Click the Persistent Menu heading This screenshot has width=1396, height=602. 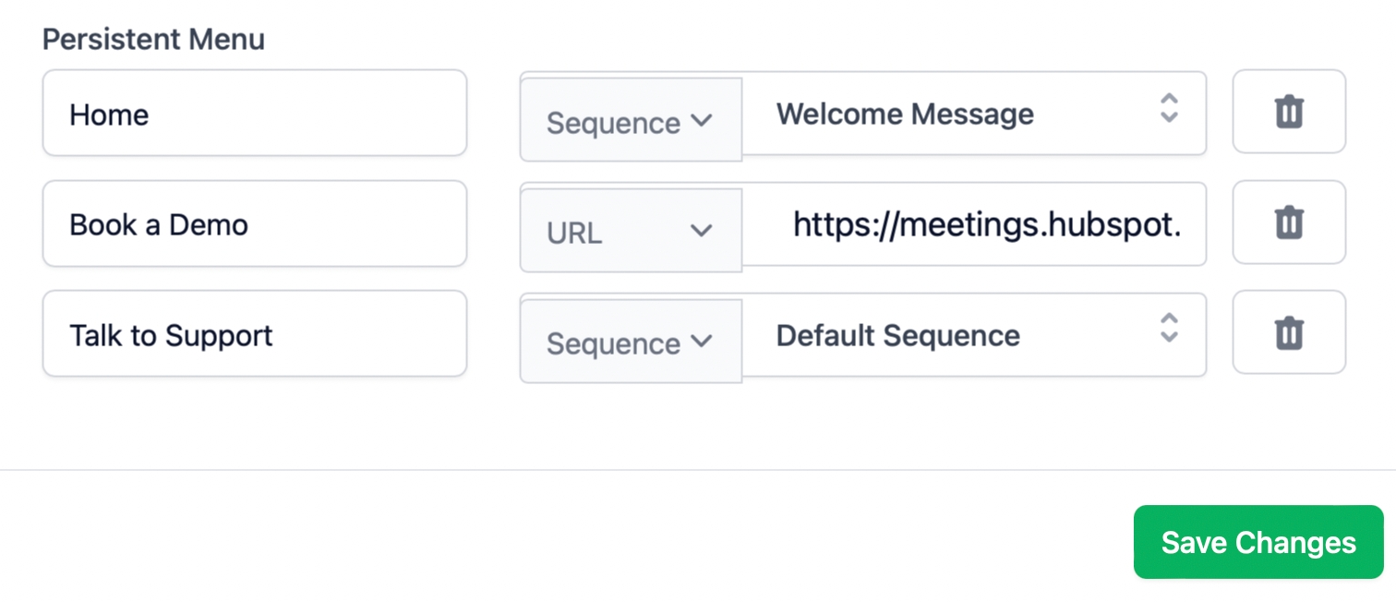[x=153, y=40]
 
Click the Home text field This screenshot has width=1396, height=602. [x=254, y=113]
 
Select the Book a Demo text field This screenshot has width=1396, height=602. [x=254, y=223]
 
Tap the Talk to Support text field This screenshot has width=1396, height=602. [x=254, y=333]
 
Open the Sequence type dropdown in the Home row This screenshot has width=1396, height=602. [x=631, y=120]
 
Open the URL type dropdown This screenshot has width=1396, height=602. [x=631, y=231]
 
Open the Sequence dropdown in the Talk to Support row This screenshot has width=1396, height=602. [x=631, y=341]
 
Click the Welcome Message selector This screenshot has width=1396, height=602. [x=974, y=114]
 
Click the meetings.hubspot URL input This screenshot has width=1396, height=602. [x=974, y=224]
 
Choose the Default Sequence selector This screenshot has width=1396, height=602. [x=974, y=334]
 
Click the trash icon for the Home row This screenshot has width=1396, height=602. [x=1289, y=112]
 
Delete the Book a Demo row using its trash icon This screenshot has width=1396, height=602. [x=1289, y=223]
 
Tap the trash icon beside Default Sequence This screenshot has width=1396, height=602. [x=1289, y=332]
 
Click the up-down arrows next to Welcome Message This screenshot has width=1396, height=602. [x=1169, y=108]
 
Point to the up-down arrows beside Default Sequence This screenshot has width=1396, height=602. [x=1169, y=328]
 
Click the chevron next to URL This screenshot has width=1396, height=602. [x=701, y=231]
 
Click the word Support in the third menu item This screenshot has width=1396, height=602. [x=219, y=336]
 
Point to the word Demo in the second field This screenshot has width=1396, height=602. [x=208, y=225]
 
